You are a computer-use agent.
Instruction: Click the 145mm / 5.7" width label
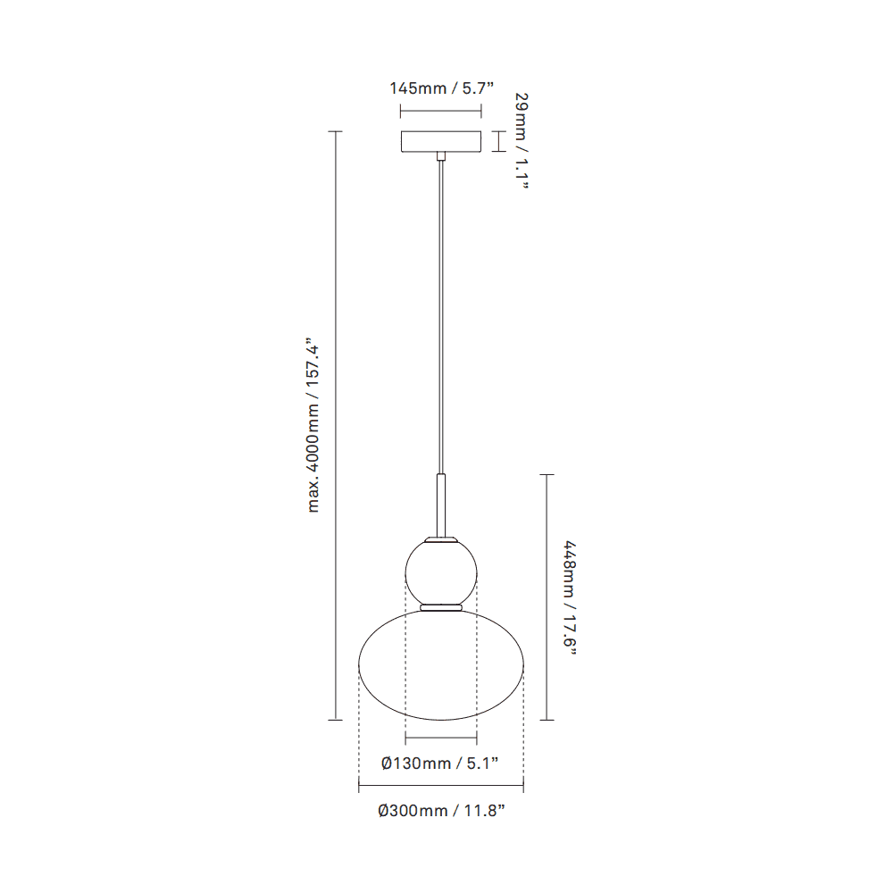tap(441, 88)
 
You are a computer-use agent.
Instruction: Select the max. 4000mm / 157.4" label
tap(313, 425)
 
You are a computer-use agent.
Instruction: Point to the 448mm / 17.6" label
tap(569, 597)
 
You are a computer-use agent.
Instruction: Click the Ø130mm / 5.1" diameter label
tap(439, 763)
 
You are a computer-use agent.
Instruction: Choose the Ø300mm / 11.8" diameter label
tap(441, 811)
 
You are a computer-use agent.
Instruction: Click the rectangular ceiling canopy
tap(441, 142)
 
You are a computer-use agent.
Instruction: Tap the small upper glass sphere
tap(441, 571)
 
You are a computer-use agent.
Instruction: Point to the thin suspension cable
tap(441, 313)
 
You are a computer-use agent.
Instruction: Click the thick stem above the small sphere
tap(441, 505)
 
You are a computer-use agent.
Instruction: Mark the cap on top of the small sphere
tap(441, 539)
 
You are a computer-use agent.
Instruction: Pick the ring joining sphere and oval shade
tap(441, 607)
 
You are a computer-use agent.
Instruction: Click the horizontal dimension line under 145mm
tap(441, 112)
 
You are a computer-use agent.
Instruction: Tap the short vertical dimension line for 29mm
tap(498, 141)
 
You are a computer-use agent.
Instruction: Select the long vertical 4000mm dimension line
tap(336, 425)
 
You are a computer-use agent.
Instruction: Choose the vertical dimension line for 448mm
tap(547, 597)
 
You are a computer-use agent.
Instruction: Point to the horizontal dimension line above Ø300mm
tap(441, 788)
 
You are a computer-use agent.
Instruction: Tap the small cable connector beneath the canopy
tap(441, 157)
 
